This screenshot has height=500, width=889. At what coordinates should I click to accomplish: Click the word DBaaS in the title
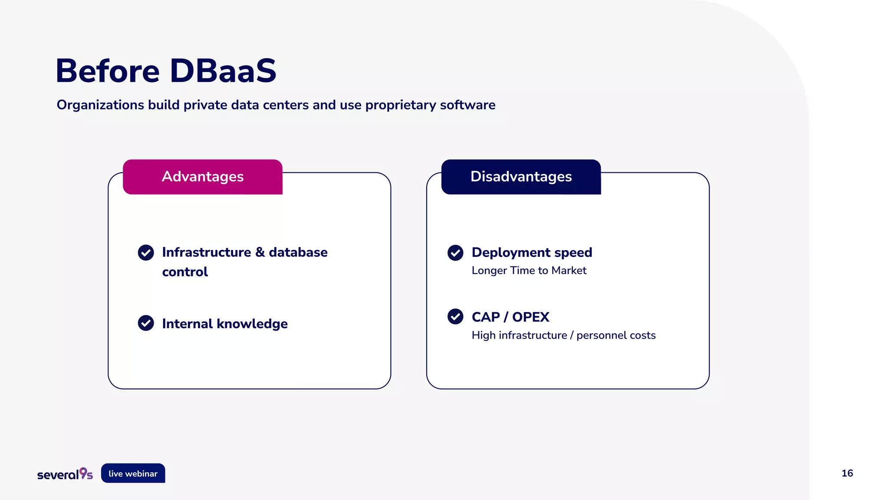pos(223,71)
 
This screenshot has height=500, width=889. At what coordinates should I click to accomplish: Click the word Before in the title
pos(108,71)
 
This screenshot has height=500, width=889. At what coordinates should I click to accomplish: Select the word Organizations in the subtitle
pos(100,105)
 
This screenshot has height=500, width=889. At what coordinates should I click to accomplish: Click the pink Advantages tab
pos(202,177)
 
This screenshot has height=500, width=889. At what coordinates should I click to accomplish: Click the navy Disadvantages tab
pos(521,177)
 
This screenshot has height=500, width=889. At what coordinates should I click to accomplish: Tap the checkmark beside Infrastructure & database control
pos(146,253)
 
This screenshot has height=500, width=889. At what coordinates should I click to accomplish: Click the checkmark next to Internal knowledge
pos(146,323)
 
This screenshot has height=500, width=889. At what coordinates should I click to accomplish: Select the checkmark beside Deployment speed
pos(455,253)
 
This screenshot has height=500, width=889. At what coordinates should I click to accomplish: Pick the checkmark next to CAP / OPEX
pos(455,316)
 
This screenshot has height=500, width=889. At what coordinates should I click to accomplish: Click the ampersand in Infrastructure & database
pos(260,252)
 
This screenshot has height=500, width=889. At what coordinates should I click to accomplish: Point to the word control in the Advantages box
pos(185,272)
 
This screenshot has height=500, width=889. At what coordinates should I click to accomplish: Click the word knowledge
pos(252,324)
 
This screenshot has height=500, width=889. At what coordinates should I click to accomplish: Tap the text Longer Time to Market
pos(529,270)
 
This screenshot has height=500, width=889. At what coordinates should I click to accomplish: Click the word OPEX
pos(530,317)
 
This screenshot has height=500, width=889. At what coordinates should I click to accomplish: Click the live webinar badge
pos(133,474)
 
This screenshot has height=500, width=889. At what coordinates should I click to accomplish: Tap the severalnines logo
pos(65,474)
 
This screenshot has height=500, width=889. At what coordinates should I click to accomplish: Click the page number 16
pos(847,474)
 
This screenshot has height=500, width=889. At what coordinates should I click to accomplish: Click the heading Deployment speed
pos(532,253)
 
